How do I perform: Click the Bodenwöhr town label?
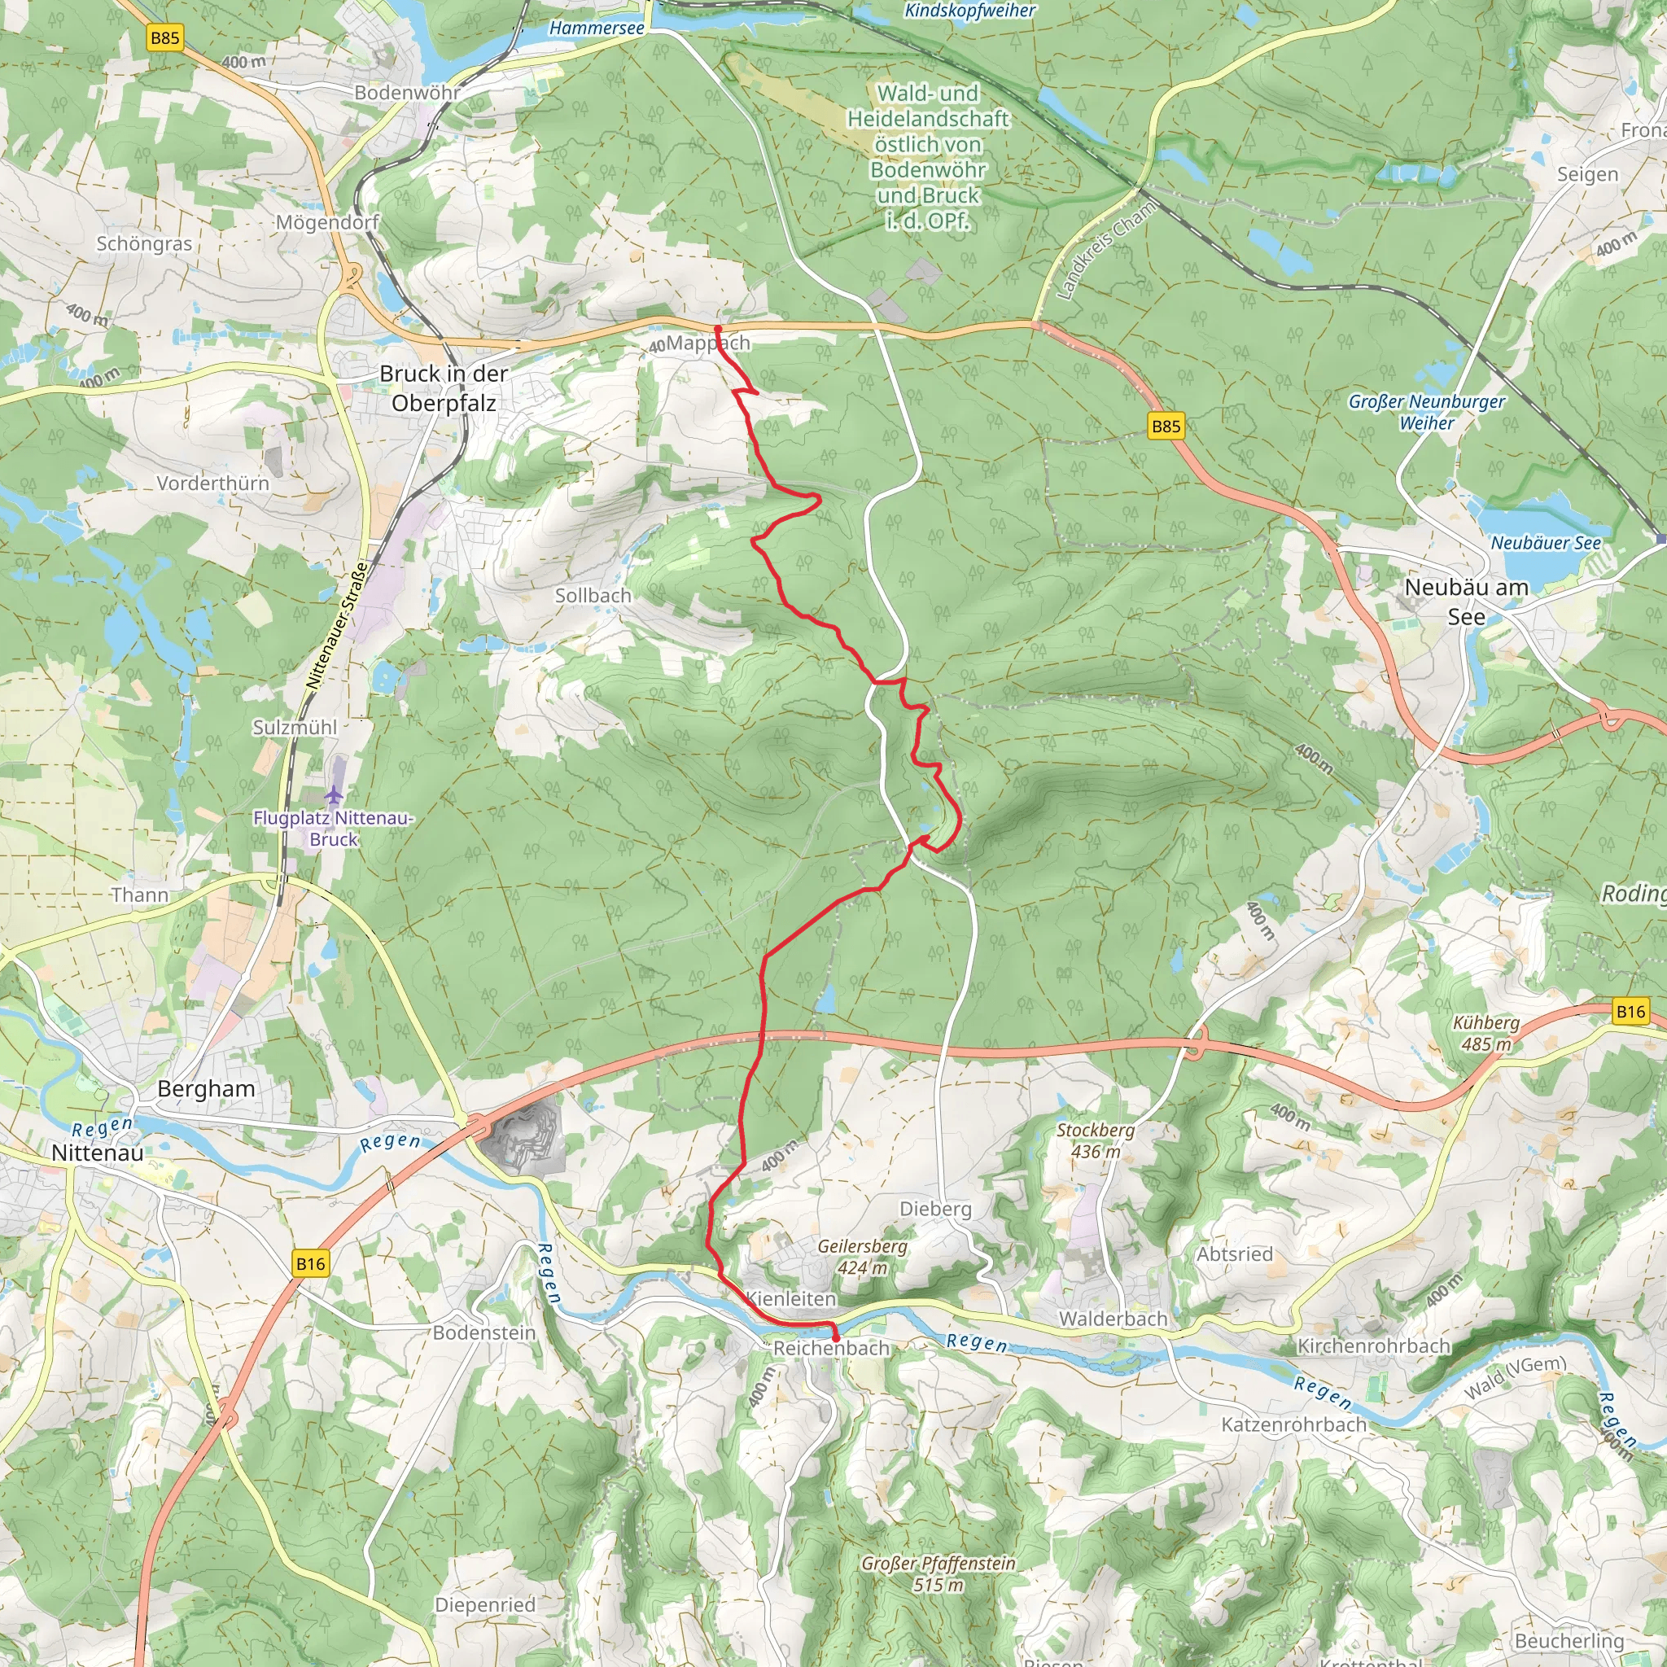point(406,92)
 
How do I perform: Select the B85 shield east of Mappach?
point(1166,426)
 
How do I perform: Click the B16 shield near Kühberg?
point(1630,1011)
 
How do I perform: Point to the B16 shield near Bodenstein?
point(311,1264)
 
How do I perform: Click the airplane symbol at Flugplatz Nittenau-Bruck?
point(334,794)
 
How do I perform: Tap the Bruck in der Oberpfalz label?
point(444,388)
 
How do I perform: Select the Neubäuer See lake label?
point(1546,543)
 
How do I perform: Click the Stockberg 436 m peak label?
point(1096,1140)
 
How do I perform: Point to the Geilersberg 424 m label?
point(862,1257)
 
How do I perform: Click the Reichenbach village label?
point(830,1348)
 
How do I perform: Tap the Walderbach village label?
point(1113,1319)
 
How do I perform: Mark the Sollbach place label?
point(593,595)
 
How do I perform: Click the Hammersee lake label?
point(596,28)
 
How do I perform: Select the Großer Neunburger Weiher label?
point(1426,412)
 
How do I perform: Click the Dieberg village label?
point(935,1209)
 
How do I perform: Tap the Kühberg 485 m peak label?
point(1485,1033)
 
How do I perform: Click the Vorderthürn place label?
point(213,483)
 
